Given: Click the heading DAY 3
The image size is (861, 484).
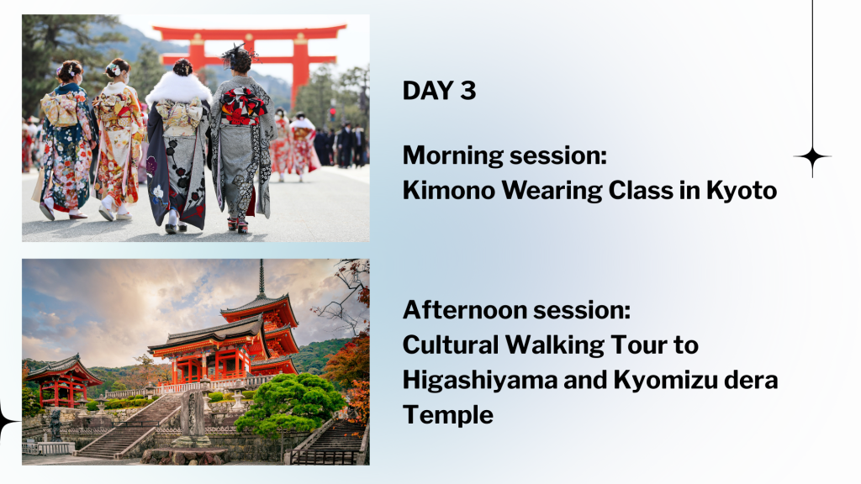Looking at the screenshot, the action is (439, 91).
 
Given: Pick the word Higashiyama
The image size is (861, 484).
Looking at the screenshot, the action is (480, 381).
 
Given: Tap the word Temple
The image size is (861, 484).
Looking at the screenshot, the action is (448, 415).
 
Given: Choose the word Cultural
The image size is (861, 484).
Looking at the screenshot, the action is (451, 345).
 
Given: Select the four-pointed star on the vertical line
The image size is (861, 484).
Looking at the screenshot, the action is (812, 157).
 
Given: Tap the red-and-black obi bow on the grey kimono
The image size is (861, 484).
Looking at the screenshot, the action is (243, 105).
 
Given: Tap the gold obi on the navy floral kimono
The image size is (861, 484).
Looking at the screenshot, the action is (60, 109).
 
